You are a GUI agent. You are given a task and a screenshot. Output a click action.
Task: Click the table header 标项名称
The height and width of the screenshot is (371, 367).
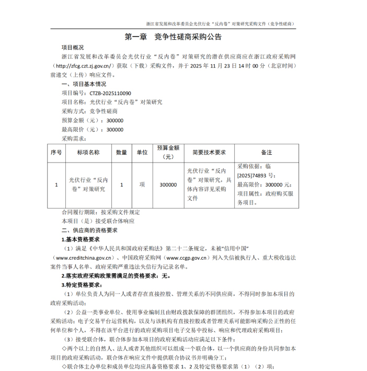[88, 152]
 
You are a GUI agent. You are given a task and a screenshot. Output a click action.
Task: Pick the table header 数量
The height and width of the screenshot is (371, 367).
[121, 152]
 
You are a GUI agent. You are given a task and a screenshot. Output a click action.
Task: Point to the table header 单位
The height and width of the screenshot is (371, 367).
[142, 152]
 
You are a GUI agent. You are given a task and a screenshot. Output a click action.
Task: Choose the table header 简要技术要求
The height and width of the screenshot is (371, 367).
[208, 152]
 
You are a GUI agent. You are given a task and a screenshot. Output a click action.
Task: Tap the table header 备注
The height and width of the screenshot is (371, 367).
[267, 152]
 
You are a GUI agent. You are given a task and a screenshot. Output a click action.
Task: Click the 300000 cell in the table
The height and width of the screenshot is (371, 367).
[168, 184]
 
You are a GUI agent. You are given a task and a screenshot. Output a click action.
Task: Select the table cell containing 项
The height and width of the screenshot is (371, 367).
[142, 184]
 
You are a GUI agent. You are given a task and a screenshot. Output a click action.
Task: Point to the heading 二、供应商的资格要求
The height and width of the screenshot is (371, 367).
[89, 230]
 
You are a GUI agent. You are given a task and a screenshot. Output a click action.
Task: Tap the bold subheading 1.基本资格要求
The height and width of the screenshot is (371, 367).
[85, 239]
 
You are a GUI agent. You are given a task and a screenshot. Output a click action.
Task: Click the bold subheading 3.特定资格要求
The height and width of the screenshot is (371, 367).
[82, 285]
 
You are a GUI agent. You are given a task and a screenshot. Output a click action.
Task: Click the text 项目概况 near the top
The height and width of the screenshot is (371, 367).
[76, 48]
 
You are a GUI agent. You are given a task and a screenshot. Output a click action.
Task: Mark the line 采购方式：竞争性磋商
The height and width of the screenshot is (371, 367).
[89, 111]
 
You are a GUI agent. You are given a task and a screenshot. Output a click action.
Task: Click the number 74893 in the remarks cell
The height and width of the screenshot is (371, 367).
[259, 176]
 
